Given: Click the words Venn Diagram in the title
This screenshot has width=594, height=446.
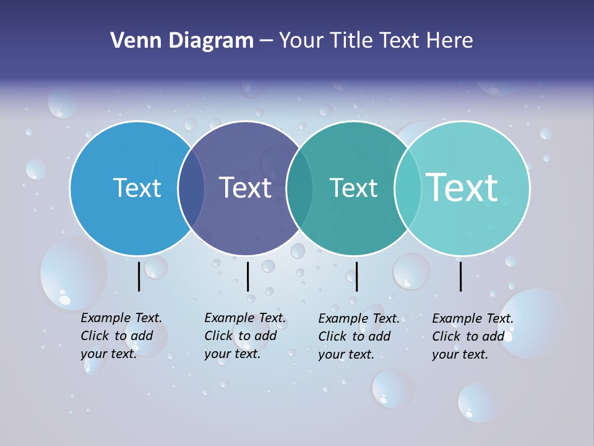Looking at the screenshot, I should point(182,41).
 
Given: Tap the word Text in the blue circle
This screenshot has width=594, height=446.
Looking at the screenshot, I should point(137,188).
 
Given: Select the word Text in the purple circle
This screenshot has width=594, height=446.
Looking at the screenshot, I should point(246,188).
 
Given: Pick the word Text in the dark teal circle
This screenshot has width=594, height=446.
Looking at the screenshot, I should point(353,188).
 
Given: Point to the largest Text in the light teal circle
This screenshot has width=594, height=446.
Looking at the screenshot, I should point(462,187).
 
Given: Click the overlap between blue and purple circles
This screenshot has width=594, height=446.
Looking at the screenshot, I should point(191,188).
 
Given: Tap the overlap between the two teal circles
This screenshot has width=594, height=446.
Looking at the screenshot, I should point(408,188).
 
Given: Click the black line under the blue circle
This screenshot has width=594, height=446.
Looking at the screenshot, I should point(139,276).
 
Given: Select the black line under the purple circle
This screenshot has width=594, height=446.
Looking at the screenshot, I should point(247,276).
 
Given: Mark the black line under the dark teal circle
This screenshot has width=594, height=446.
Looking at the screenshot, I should point(356,276).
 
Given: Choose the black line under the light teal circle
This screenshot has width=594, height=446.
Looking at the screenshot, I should point(461,276).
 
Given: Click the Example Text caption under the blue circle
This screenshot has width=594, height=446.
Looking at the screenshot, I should point(121,336).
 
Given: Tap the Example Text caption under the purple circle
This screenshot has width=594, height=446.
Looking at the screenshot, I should point(245,336).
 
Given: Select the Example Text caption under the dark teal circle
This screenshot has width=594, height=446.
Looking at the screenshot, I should point(359,336).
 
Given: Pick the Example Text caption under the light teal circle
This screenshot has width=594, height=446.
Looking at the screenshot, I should point(473,336).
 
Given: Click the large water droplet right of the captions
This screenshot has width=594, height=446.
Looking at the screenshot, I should point(532,322).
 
